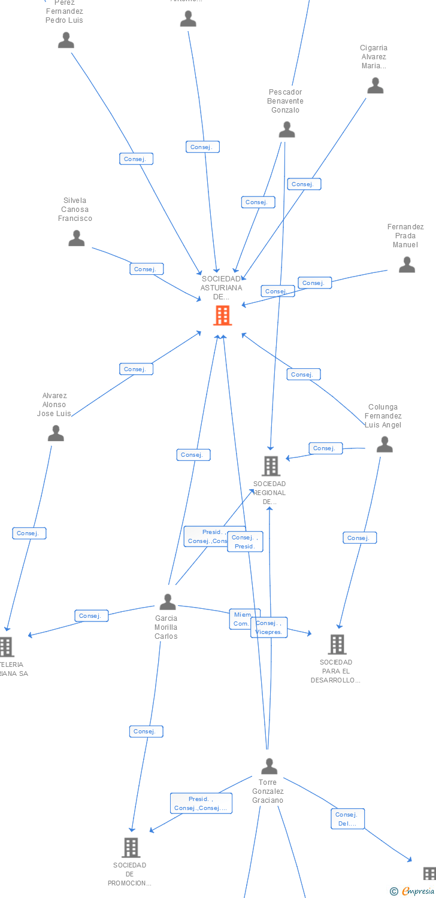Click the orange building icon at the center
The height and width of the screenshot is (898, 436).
222,315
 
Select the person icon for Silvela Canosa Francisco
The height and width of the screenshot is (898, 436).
76,238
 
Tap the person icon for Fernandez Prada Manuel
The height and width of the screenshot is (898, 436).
407,265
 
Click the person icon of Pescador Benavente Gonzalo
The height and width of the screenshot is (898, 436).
287,129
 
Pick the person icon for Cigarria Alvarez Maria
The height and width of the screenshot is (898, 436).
375,86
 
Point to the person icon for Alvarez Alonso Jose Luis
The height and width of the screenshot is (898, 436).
56,433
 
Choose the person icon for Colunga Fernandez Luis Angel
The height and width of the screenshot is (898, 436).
384,444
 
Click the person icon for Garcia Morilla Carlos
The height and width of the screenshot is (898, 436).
168,601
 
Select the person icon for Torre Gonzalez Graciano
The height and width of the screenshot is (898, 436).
269,766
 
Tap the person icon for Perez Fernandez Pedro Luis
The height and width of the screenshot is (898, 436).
66,40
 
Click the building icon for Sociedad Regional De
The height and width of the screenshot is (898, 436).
271,466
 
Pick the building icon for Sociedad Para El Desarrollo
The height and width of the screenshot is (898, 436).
337,644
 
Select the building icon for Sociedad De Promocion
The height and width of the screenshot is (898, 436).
131,847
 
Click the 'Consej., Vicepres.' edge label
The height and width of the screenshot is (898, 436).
269,627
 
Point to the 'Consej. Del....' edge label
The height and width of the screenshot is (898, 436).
347,819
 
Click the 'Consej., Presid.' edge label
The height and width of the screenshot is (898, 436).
245,542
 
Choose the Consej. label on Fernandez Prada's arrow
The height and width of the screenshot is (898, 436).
314,283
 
